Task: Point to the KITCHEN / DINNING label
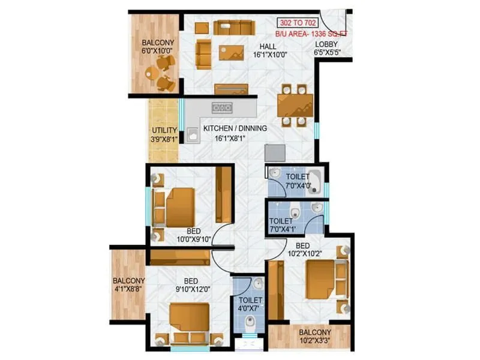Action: click(235, 128)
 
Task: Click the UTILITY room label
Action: click(164, 130)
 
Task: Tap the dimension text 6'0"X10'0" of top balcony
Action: click(158, 52)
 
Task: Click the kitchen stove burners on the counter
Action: click(222, 108)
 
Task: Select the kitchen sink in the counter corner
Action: click(193, 135)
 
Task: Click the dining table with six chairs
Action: click(295, 105)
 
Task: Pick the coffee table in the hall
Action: click(232, 53)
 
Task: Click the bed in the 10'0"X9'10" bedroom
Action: click(179, 207)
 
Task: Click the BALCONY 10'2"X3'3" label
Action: click(315, 337)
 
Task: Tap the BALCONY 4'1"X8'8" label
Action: click(128, 285)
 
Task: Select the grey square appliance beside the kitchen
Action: click(275, 152)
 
